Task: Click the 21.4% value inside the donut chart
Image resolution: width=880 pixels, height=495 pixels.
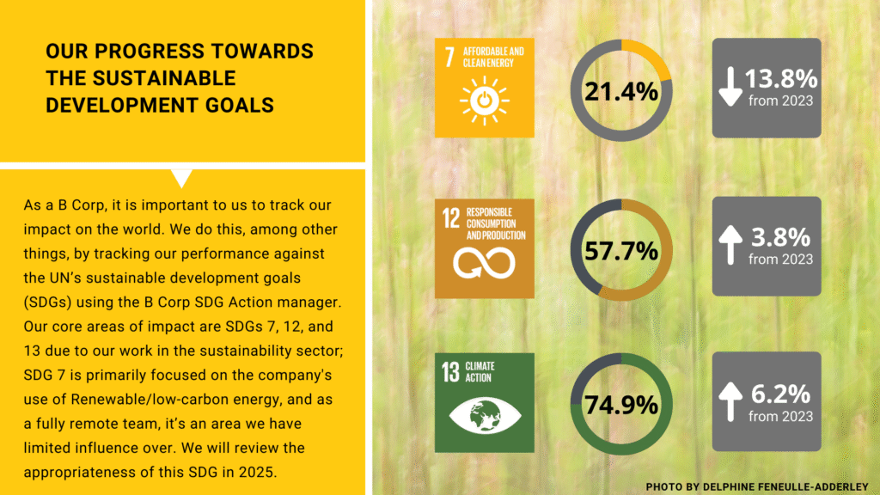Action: pos(621,91)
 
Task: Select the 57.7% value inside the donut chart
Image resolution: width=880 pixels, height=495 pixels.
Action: pos(621,251)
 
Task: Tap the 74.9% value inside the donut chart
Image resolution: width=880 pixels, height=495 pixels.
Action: pos(621,405)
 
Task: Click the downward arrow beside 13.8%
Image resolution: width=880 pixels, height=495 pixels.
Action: pos(730,89)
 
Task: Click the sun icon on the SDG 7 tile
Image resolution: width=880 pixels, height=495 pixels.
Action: pos(484,101)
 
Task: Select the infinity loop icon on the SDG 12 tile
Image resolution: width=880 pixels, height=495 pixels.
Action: pos(484,263)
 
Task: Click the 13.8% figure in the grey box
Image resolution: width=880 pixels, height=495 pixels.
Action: pos(780,80)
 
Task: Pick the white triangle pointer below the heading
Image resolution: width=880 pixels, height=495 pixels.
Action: pos(182,179)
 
